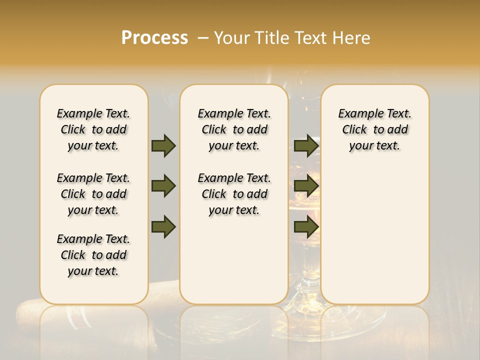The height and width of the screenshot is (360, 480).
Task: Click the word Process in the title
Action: click(x=154, y=38)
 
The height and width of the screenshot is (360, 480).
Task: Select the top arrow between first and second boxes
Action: click(x=163, y=145)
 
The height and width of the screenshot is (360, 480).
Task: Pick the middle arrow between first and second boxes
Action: click(x=163, y=186)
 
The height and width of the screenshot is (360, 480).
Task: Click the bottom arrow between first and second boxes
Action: click(x=163, y=227)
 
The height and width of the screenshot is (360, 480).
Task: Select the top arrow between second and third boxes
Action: click(x=306, y=145)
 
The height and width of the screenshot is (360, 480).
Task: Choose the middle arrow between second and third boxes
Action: click(x=306, y=186)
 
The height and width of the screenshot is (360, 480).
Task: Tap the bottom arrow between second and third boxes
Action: click(x=306, y=227)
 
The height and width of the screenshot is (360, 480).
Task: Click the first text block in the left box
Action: click(x=93, y=129)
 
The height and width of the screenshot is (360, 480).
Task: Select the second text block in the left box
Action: click(x=93, y=194)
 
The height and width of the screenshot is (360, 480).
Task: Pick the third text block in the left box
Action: click(x=93, y=255)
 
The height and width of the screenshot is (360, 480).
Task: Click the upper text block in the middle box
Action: click(x=234, y=129)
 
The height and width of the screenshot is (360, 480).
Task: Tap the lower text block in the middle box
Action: click(x=234, y=194)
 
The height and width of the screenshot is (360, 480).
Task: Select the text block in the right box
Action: click(x=375, y=129)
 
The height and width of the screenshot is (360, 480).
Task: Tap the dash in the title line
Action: click(x=203, y=38)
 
